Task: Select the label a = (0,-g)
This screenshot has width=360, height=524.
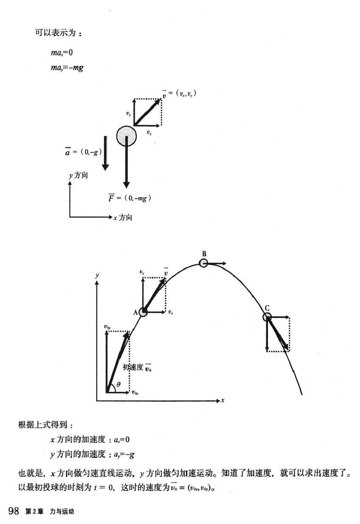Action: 83,152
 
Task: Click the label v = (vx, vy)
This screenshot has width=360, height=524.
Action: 179,93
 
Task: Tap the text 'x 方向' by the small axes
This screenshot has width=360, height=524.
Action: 123,218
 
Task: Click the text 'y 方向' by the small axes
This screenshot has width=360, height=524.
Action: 78,175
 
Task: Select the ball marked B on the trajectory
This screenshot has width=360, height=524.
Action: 204,263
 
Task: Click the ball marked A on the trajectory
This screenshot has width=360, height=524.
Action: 143,312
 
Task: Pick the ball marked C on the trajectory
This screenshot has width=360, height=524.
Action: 267,317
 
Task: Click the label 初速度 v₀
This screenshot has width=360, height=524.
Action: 137,367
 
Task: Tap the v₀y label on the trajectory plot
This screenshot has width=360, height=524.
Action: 107,327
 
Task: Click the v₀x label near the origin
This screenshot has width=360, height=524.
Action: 135,393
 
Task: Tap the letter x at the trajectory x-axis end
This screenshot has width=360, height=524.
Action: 223,400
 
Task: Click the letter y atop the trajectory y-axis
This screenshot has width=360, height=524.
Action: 97,275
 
